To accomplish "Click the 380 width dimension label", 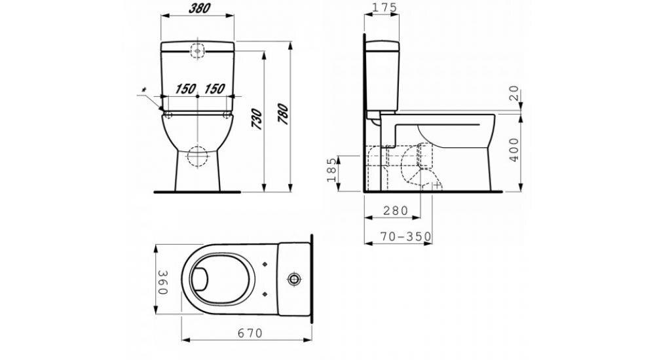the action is click(x=199, y=8).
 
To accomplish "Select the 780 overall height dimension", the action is click(x=283, y=114).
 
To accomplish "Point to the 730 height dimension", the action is click(x=257, y=119).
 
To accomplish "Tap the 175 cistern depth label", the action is click(x=381, y=7).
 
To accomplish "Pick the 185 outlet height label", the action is click(x=331, y=170).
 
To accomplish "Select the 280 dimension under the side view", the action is click(x=396, y=211).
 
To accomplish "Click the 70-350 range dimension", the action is click(x=405, y=237).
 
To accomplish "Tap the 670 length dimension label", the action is click(x=251, y=333).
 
